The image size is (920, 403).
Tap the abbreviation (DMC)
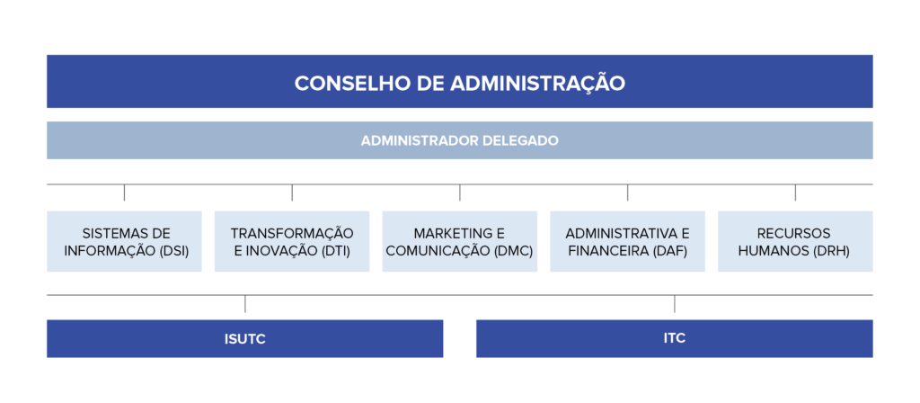pos(512,251)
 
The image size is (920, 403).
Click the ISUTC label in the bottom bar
pos(244,339)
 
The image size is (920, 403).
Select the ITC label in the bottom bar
pos(675,338)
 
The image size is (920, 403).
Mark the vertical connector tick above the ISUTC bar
pos(245,304)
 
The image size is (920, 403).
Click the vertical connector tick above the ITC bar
pos(675,304)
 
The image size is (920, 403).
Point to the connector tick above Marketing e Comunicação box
pos(460,193)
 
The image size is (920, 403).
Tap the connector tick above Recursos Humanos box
pos(796,193)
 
